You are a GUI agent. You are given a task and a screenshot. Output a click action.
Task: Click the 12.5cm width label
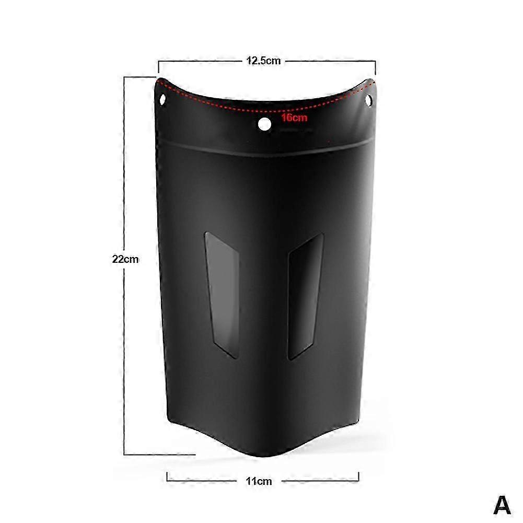[264, 61]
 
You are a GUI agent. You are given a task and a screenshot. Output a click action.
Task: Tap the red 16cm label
[294, 118]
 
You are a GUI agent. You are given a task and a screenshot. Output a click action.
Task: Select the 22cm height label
[125, 259]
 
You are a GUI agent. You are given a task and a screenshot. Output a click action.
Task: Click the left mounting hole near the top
[162, 98]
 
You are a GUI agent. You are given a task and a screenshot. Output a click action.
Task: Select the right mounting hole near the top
[369, 98]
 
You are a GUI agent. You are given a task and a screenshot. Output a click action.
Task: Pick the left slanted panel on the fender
[222, 296]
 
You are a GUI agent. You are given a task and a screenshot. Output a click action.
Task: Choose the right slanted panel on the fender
[306, 296]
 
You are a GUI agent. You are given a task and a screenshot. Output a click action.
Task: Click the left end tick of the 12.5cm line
[159, 67]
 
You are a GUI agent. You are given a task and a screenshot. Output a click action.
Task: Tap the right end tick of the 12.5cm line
[375, 67]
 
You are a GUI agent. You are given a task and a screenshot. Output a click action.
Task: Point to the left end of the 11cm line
[167, 476]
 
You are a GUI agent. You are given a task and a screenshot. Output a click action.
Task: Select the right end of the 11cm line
[358, 476]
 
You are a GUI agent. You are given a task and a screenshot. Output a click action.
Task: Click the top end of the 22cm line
[124, 77]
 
